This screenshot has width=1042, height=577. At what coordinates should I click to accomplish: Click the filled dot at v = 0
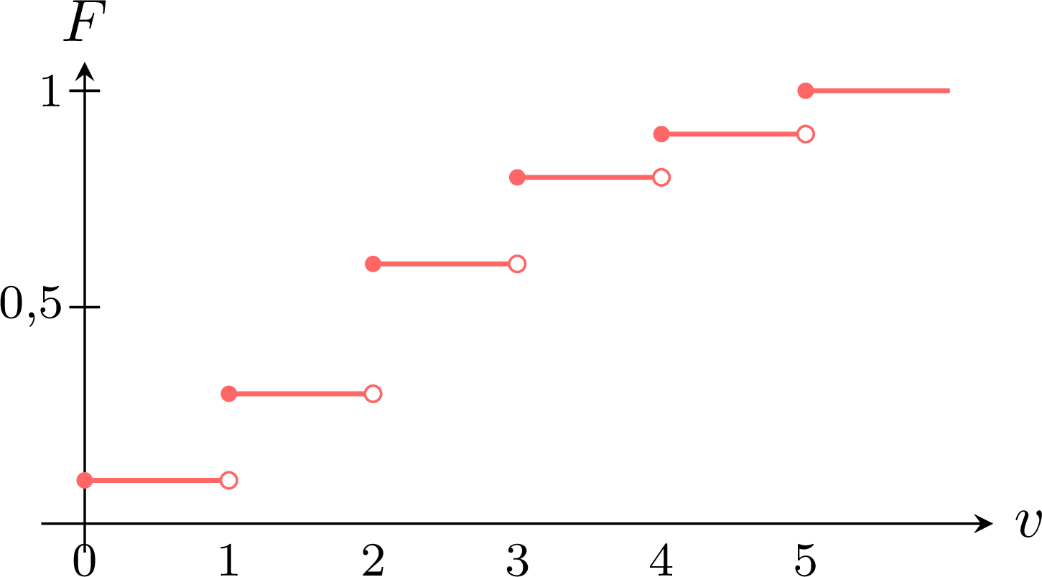(x=85, y=480)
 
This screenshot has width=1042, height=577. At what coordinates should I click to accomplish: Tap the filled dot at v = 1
(x=229, y=394)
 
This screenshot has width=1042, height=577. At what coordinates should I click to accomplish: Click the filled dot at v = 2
(x=373, y=264)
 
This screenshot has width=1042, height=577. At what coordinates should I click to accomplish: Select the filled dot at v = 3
(x=517, y=177)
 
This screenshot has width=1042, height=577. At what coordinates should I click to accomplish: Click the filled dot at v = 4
(x=661, y=134)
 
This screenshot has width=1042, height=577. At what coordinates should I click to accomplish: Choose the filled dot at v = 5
(x=806, y=91)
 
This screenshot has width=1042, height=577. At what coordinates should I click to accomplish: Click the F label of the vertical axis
(x=85, y=21)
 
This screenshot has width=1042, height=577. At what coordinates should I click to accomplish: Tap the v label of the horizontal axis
(x=1028, y=524)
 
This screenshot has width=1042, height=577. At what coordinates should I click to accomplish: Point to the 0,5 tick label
(x=31, y=305)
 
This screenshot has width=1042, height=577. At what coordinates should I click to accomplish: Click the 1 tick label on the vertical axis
(x=51, y=91)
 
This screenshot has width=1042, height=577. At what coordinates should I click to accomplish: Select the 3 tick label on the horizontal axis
(x=517, y=560)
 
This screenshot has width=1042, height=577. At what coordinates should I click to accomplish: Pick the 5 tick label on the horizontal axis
(x=806, y=560)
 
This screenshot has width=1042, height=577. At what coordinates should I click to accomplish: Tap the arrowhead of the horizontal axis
(x=983, y=524)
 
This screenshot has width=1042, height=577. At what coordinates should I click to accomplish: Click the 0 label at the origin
(x=84, y=560)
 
